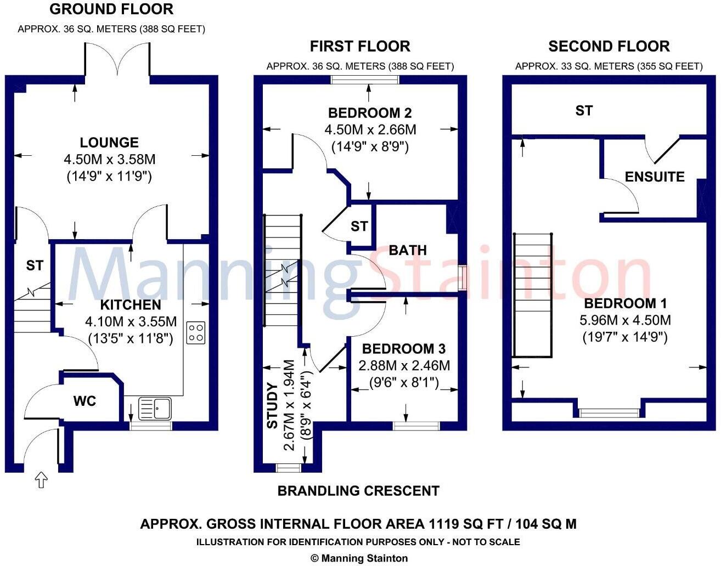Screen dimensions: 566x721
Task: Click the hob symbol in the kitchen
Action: coord(196,333)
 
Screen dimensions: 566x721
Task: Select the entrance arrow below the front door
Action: coord(41,480)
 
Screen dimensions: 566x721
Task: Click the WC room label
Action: coord(85,401)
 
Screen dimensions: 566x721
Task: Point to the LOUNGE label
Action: coord(109,143)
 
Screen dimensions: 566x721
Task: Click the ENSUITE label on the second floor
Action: coord(655,177)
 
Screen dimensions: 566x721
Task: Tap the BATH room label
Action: coord(407,250)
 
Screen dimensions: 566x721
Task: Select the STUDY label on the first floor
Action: coord(272,406)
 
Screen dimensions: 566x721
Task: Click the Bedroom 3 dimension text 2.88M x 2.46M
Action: coord(404,365)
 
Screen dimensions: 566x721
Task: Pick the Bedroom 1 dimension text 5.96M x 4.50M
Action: coord(625,320)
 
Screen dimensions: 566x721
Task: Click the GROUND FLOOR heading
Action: coord(111,9)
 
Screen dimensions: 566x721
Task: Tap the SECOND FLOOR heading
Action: coord(609,47)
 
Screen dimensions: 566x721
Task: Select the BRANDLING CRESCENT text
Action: coord(358,491)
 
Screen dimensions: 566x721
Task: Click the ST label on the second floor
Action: coord(584,111)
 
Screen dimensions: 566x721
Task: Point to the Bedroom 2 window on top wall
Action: coord(365,80)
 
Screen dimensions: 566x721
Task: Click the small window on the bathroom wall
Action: coord(463,278)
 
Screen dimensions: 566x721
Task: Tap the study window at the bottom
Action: coord(288,468)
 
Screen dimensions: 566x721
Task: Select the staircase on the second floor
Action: coord(532,295)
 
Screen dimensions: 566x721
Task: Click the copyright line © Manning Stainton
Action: coord(359,558)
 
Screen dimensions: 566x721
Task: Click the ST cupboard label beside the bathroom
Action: coord(359,226)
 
